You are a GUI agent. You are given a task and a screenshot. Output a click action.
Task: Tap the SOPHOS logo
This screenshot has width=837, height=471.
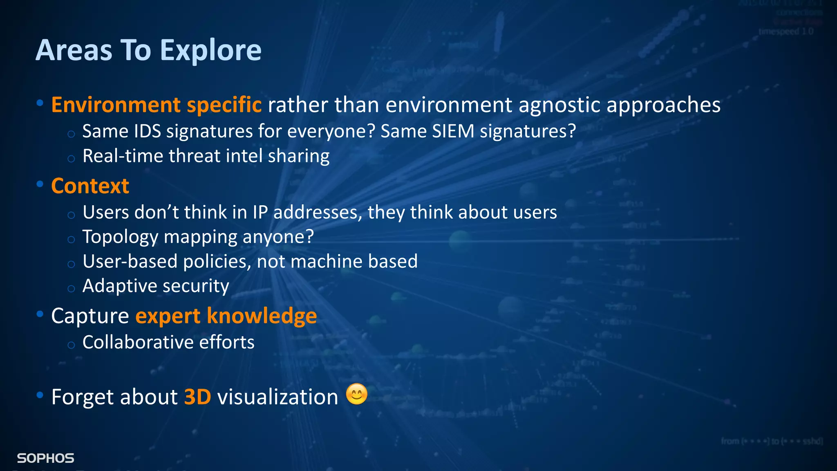45,458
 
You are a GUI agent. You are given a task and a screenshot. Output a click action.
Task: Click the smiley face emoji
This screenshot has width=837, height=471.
356,395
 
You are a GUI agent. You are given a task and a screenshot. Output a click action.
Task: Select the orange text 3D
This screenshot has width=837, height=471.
197,397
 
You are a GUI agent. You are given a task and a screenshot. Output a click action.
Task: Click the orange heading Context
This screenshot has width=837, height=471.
90,186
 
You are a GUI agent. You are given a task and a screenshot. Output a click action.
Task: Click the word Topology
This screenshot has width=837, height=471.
120,237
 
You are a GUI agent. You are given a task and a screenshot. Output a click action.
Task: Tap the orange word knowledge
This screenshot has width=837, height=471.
262,316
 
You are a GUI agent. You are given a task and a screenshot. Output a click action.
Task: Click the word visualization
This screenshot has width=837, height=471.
278,397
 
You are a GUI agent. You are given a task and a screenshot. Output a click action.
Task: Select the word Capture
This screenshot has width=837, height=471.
90,316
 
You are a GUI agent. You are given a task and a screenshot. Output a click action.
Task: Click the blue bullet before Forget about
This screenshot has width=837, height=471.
40,395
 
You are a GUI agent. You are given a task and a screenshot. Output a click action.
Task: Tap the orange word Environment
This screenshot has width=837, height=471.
116,105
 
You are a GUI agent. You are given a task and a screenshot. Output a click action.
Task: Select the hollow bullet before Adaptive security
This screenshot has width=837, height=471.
71,289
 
